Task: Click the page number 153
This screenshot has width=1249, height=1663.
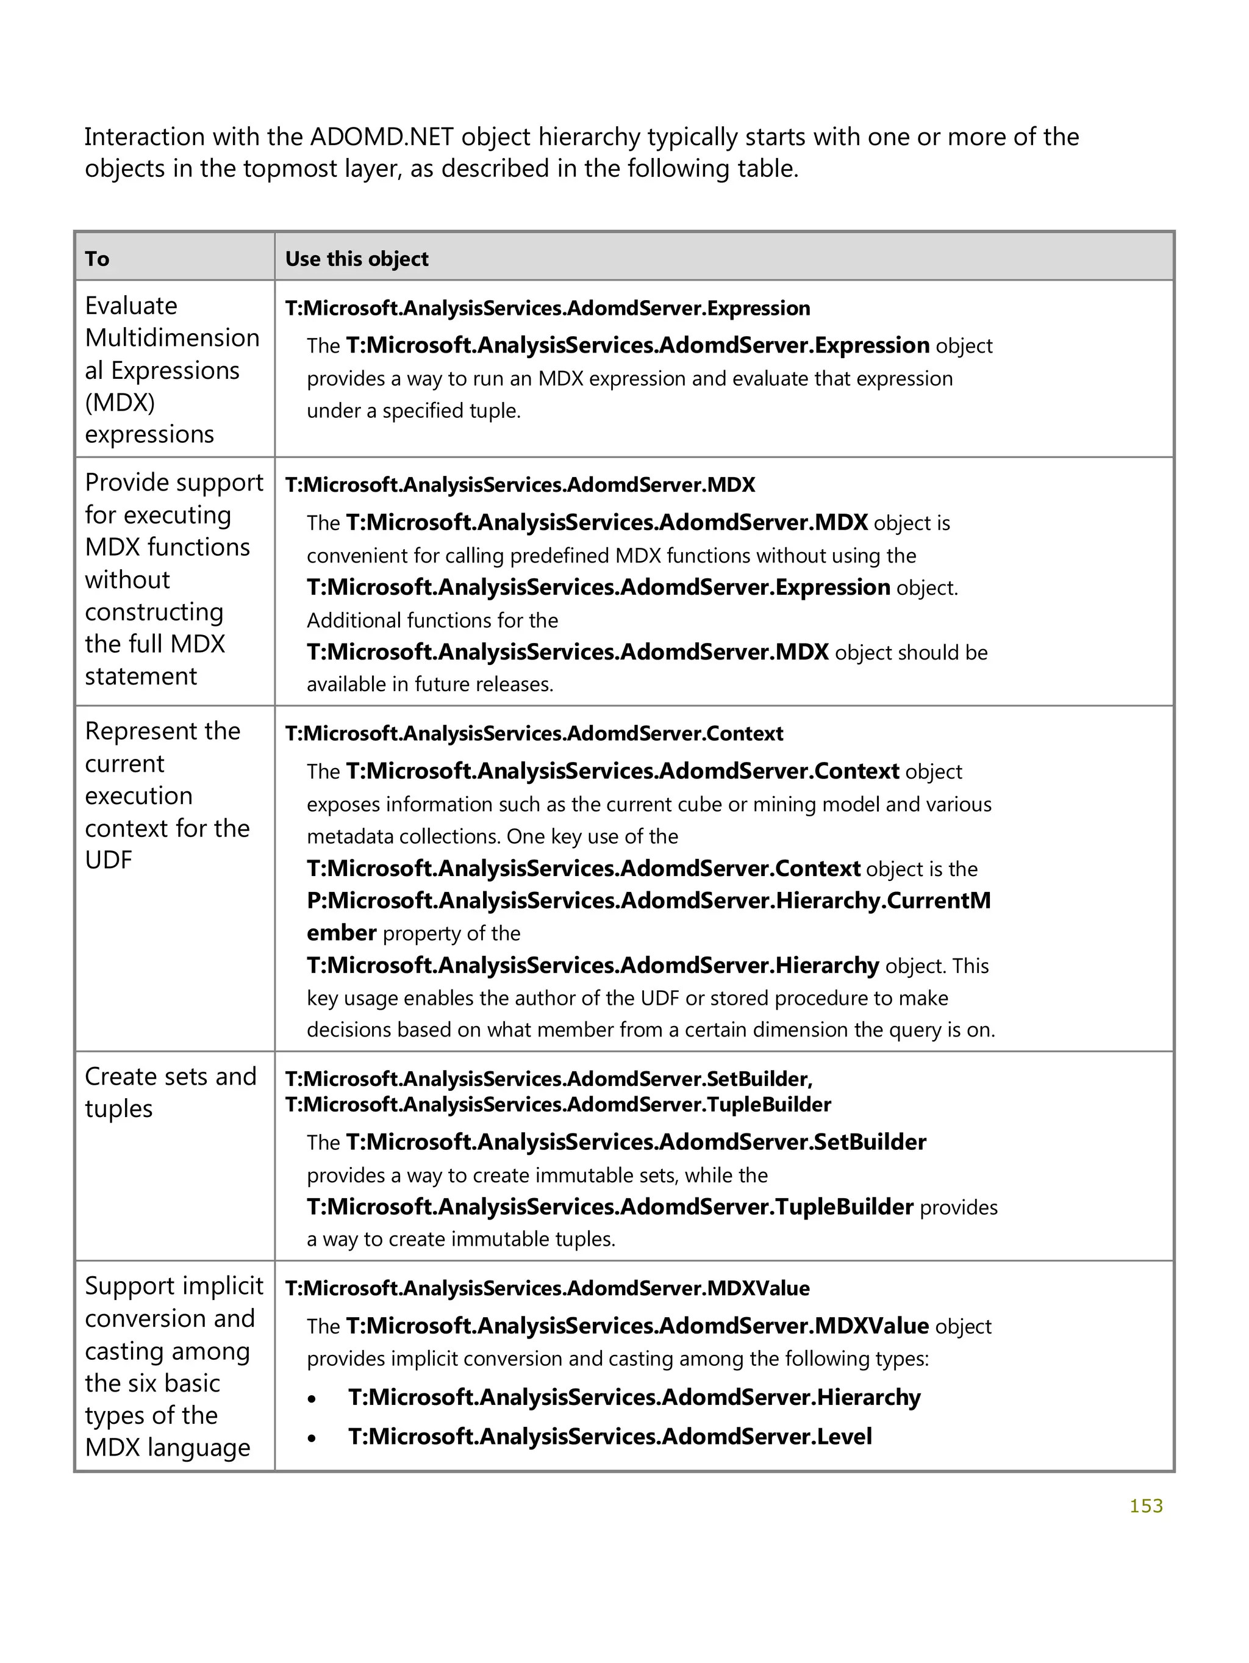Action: (x=1145, y=1505)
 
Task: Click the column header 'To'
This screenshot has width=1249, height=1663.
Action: (x=97, y=259)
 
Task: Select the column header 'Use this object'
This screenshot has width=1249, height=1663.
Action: (x=356, y=259)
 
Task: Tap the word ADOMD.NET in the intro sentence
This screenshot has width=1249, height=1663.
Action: (x=381, y=137)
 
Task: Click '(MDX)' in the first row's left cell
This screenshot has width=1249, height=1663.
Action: (x=120, y=402)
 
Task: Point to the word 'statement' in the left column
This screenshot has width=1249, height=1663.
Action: (x=140, y=676)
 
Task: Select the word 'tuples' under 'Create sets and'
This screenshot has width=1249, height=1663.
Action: (x=119, y=1108)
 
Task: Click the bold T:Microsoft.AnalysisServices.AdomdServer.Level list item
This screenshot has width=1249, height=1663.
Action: (x=609, y=1436)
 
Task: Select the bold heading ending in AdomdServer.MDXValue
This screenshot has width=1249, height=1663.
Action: (x=547, y=1288)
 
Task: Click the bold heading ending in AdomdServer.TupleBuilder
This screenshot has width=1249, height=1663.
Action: (x=557, y=1104)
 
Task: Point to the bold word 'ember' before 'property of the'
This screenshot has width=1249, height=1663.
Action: (x=341, y=932)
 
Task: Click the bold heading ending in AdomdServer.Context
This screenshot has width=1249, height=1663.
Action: (x=534, y=733)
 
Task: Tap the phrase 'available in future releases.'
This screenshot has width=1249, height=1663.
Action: (x=430, y=684)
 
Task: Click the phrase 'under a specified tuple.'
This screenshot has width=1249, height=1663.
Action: (x=413, y=411)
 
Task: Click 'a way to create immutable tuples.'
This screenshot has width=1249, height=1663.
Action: (x=460, y=1239)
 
